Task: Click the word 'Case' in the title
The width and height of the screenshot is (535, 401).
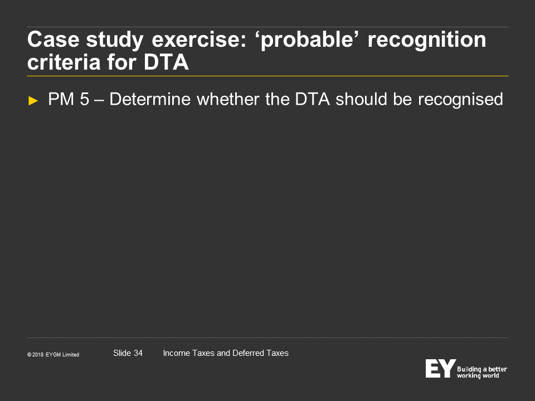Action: point(53,40)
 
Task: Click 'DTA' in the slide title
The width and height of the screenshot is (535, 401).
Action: point(166,62)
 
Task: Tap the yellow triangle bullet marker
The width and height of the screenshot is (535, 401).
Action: point(33,101)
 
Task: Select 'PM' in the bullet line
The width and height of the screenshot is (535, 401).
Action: point(61,99)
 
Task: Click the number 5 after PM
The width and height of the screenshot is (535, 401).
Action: point(84,99)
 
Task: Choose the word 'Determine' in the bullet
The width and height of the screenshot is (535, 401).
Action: point(150,99)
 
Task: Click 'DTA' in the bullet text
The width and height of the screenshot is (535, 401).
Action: point(313,99)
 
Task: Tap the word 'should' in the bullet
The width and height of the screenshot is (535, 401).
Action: point(361,99)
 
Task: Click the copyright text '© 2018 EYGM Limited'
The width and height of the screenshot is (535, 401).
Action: point(53,355)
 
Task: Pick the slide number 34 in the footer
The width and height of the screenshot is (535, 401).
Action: point(138,353)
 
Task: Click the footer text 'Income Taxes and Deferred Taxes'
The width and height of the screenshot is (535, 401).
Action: point(226,353)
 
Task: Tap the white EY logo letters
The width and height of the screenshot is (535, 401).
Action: point(440,368)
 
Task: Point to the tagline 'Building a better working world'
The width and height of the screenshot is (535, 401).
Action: point(481,373)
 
